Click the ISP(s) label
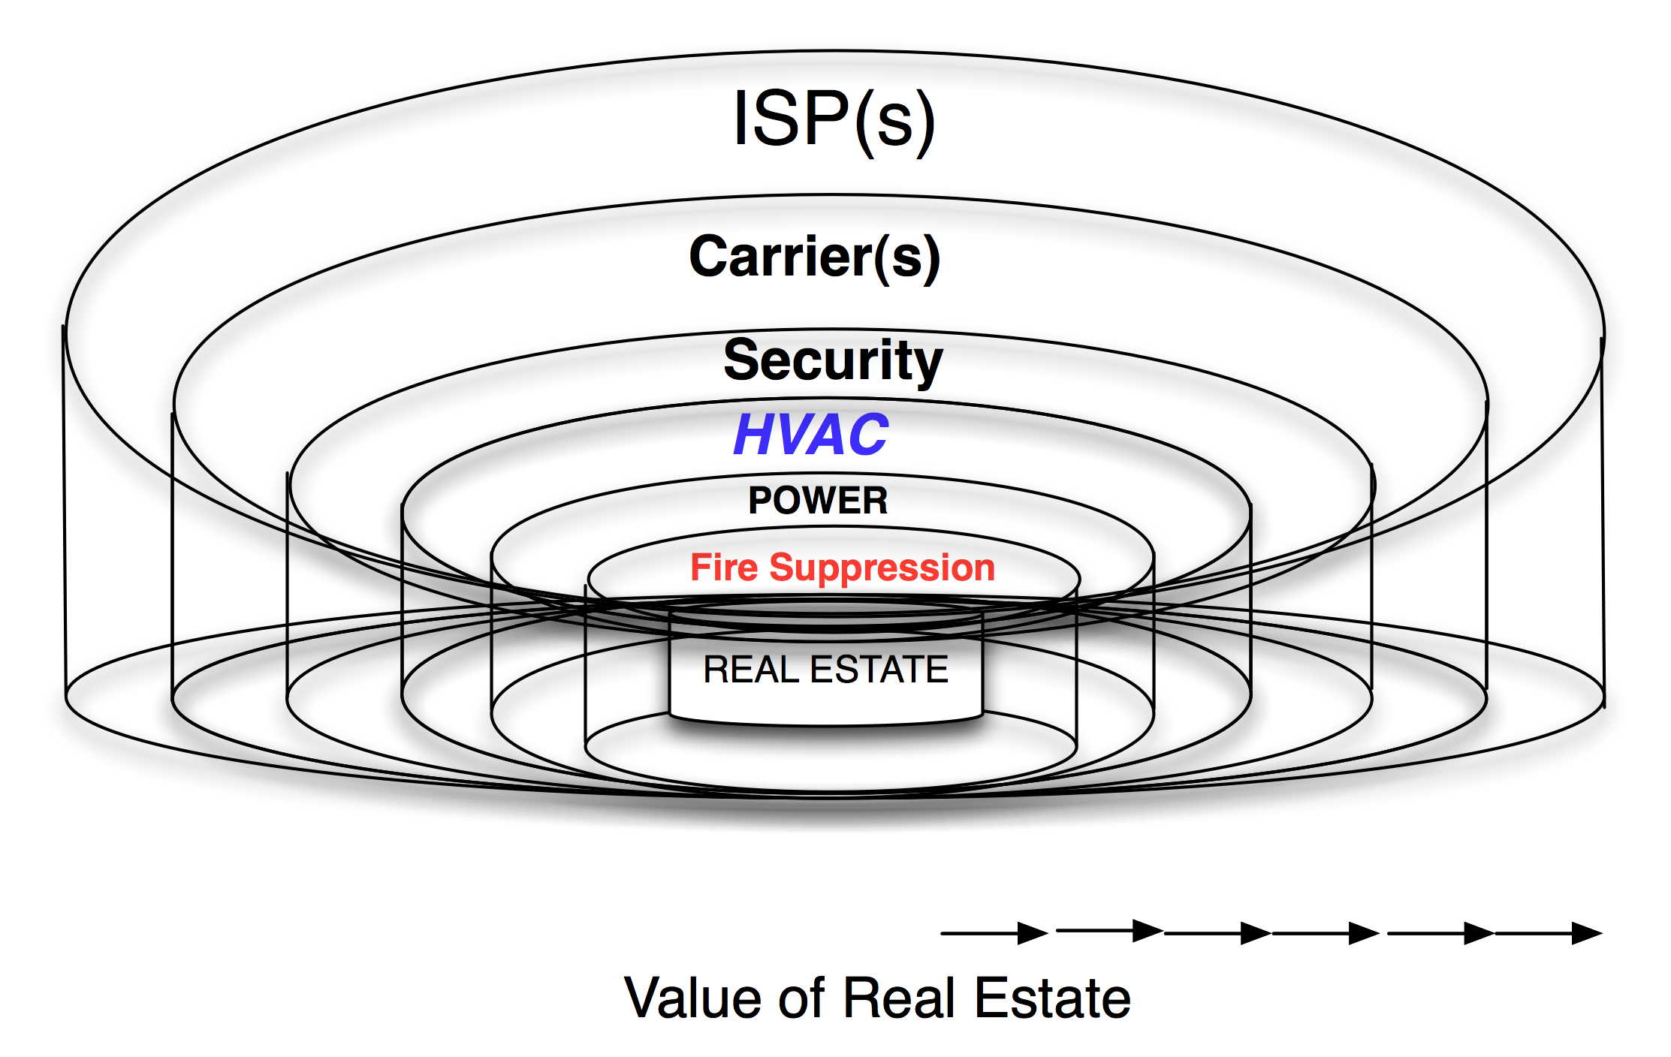834,120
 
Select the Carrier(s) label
814,257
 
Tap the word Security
832,360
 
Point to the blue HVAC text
811,435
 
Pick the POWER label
818,501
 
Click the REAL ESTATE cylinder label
825,669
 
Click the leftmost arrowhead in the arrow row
1033,933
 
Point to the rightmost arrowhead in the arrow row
1586,933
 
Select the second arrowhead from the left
1148,931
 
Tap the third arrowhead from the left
1256,933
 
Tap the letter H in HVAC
754,435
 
